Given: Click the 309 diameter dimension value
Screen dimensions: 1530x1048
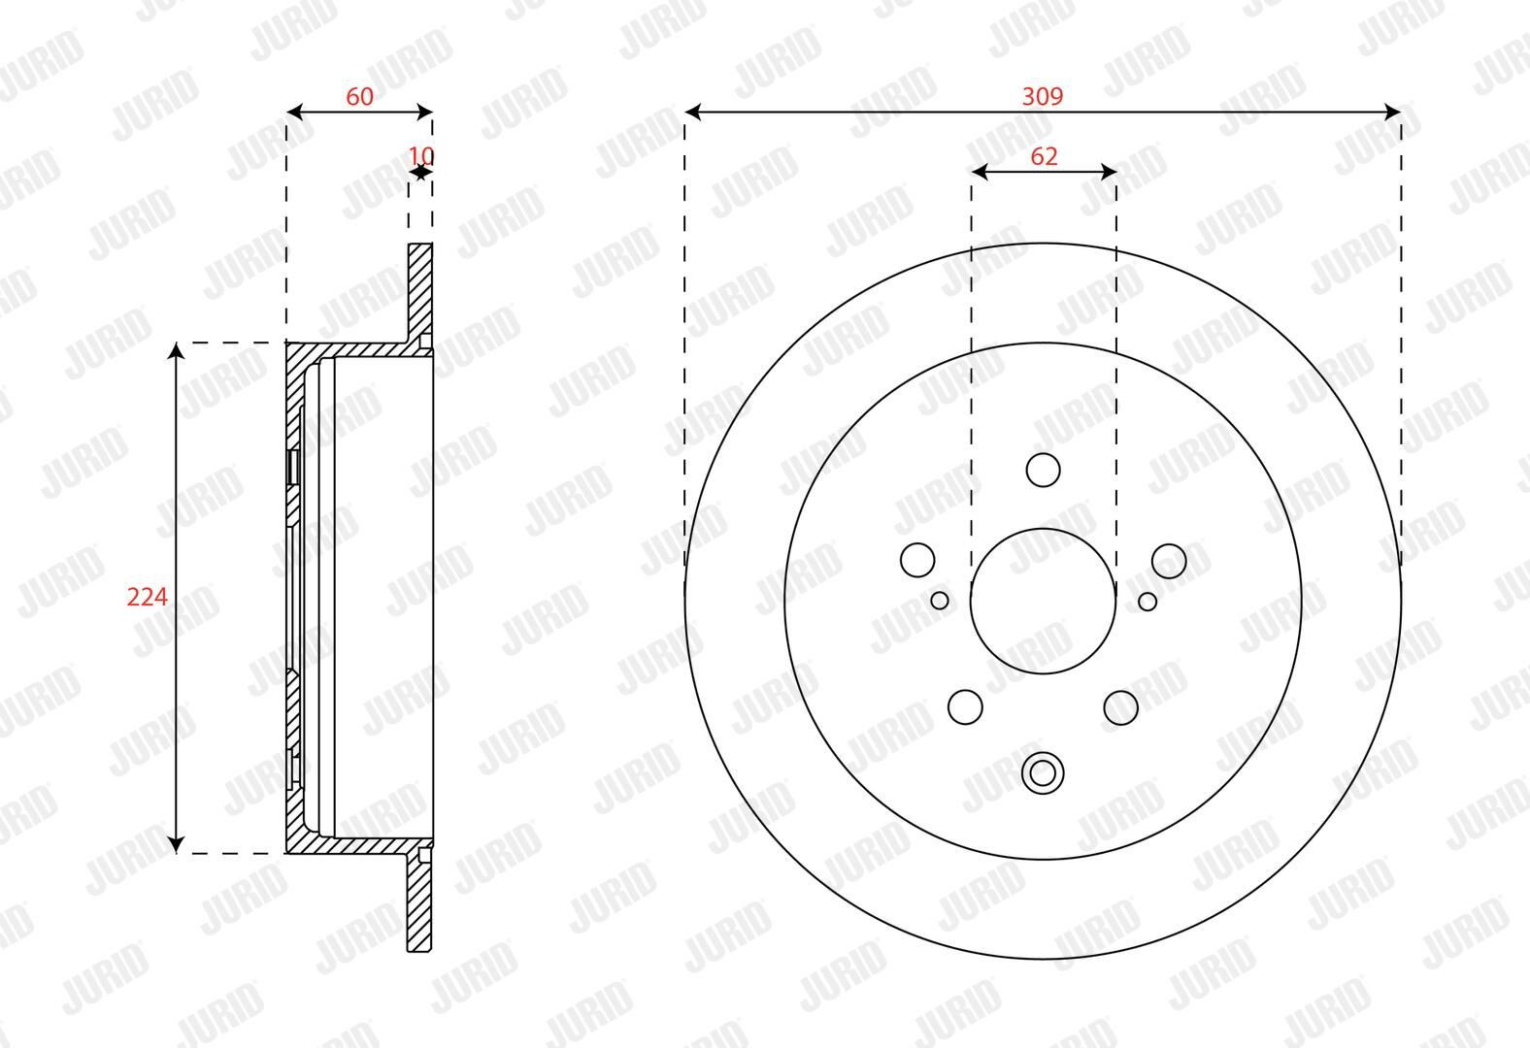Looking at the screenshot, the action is (x=1043, y=96).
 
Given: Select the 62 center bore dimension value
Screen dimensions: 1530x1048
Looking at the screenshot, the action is (x=1044, y=156).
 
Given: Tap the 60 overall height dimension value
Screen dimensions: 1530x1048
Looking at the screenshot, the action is (x=359, y=97).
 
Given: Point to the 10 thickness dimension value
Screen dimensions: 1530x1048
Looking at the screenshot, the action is (x=421, y=156).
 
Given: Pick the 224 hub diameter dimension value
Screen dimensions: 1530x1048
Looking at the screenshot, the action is (x=147, y=598).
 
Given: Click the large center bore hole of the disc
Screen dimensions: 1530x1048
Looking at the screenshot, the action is (x=1043, y=601).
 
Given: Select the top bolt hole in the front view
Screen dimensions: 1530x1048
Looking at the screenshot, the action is (x=1043, y=470).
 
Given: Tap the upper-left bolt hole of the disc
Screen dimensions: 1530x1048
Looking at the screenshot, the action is (x=917, y=561).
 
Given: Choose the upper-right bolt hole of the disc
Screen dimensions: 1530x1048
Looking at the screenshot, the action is (x=1169, y=561).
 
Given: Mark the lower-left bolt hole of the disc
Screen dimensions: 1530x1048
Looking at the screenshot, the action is (x=965, y=706).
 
